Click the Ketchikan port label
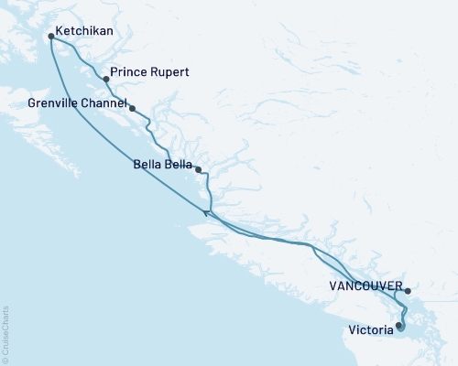(83, 31)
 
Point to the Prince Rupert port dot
(104, 79)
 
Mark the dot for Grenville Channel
(133, 109)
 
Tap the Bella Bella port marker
(199, 169)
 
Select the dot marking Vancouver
(409, 291)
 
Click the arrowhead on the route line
(206, 213)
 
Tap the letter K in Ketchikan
(59, 31)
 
